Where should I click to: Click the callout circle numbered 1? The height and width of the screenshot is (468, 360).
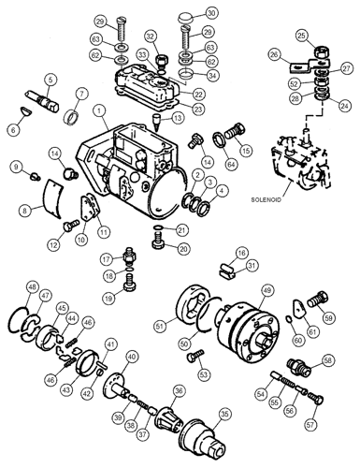tap(99, 110)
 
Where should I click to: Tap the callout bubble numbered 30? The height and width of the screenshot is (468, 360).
tap(211, 12)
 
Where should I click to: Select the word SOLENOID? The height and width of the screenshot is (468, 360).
tap(266, 199)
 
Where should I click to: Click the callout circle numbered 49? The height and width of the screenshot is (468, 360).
tap(267, 290)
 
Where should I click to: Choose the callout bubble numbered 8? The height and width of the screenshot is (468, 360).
tap(25, 211)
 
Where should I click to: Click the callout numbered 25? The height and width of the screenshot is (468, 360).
tap(301, 37)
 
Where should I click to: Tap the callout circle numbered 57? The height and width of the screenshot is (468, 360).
tap(310, 425)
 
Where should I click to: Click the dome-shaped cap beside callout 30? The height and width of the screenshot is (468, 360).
tap(186, 17)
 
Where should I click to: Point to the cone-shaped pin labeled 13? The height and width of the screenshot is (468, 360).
tap(157, 122)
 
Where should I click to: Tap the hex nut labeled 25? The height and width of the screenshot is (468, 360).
tap(320, 51)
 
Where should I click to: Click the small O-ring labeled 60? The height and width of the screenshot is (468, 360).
tap(289, 318)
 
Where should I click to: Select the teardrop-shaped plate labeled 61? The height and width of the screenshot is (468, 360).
tap(299, 309)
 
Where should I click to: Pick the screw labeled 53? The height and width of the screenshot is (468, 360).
tap(195, 356)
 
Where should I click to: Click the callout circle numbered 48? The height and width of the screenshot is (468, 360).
tap(32, 286)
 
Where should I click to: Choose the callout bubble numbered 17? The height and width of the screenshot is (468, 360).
tap(107, 259)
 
